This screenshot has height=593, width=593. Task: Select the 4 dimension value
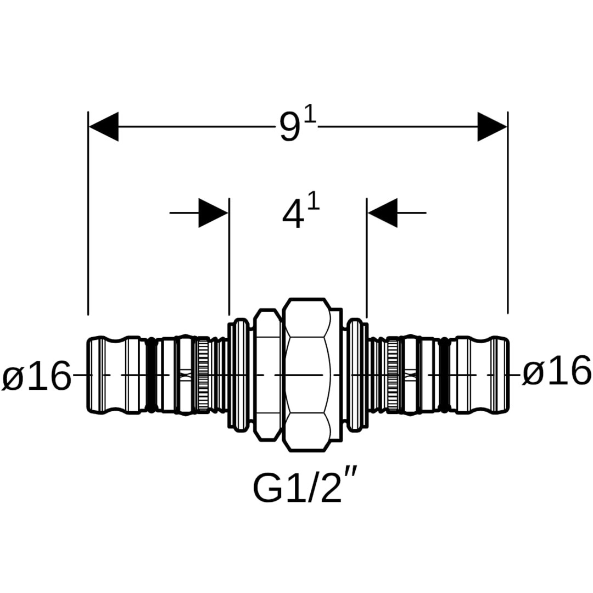[x=293, y=215]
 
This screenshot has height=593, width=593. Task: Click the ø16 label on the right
[x=556, y=372]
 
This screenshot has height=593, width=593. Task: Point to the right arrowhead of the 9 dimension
[x=492, y=127]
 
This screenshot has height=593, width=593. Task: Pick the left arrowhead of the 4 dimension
[x=213, y=212]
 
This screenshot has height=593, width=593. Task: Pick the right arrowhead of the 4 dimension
[x=383, y=212]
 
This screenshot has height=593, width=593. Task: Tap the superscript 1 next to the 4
[x=314, y=204]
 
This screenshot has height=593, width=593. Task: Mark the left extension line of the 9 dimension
[x=88, y=220]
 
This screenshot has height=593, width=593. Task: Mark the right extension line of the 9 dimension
[x=507, y=220]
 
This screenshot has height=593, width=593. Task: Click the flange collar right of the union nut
[x=357, y=375]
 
